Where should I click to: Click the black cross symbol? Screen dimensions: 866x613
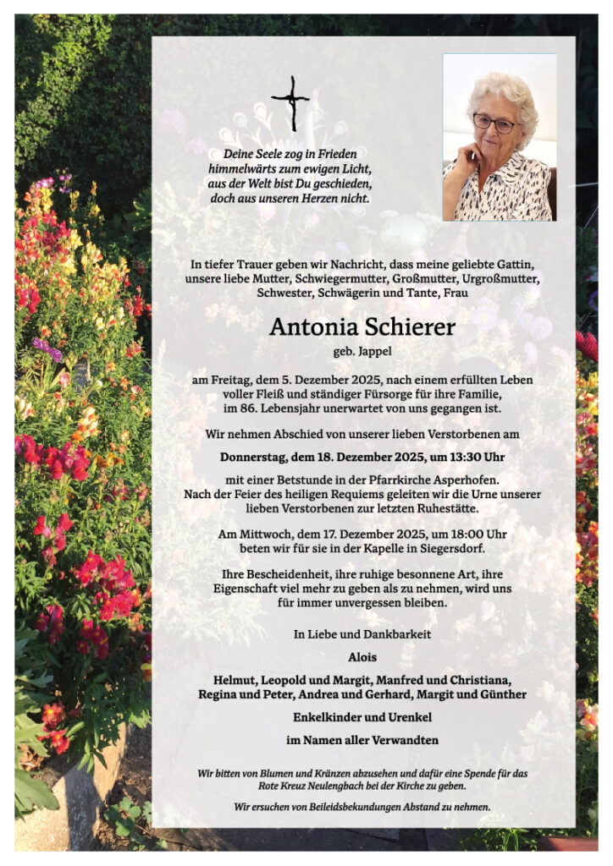pos(290,103)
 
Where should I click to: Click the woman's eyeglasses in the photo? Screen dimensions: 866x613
pos(493,123)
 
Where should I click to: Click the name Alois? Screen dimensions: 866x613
pos(362,656)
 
